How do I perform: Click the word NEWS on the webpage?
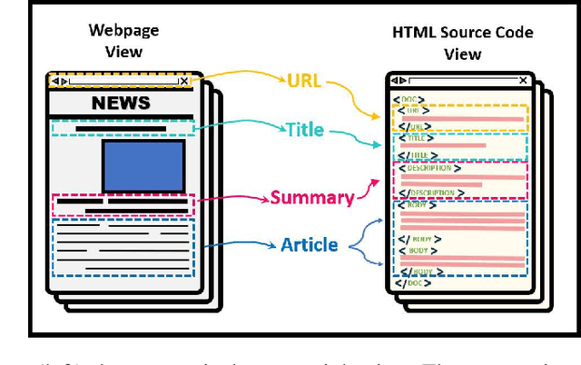(121, 103)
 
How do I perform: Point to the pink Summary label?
(311, 197)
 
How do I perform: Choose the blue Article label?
(309, 244)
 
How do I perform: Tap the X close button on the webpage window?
(183, 81)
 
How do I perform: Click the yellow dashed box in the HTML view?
(459, 118)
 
